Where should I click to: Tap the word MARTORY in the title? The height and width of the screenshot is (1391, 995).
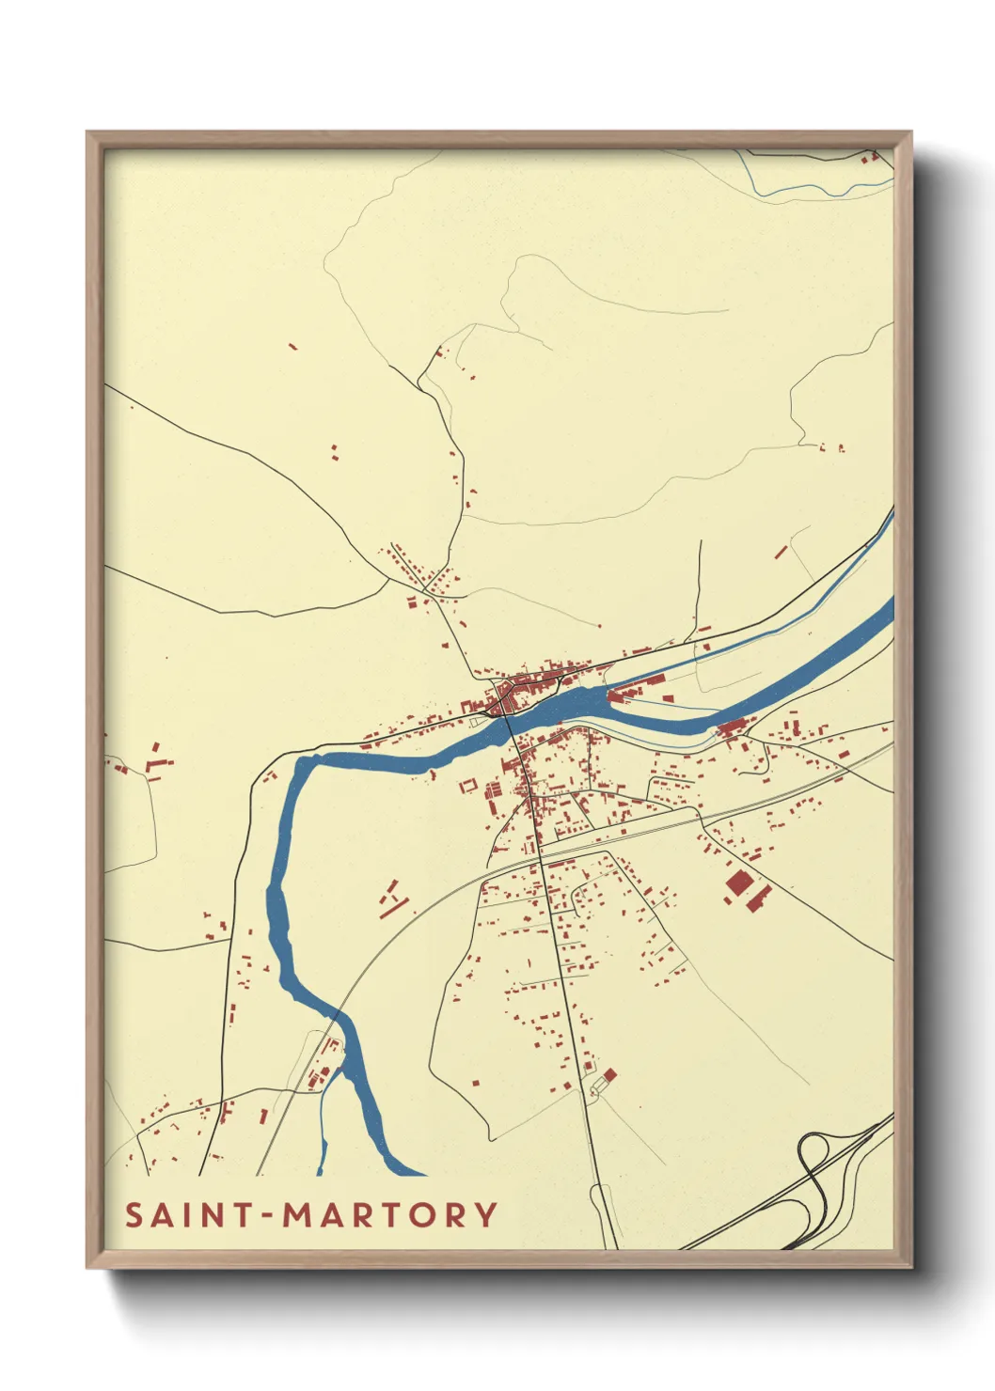(389, 1214)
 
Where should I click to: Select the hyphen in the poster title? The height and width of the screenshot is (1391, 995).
(268, 1216)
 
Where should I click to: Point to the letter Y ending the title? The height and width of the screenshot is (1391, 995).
(485, 1214)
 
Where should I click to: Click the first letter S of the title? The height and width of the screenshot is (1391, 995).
(134, 1214)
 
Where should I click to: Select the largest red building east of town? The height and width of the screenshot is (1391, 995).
(738, 883)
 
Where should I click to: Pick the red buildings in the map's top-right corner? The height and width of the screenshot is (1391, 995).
(871, 156)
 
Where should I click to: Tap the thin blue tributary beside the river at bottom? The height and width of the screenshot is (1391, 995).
(322, 1142)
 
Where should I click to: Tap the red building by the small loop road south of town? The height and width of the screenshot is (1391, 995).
(609, 1074)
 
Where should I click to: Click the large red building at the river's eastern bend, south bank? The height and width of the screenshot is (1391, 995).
(732, 726)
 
